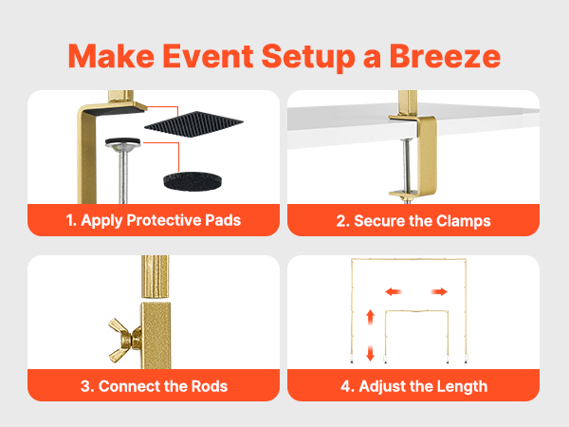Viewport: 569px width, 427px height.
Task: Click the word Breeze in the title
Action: [x=445, y=56]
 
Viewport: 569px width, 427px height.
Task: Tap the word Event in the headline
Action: [x=208, y=56]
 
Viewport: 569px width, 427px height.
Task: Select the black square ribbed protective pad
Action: [x=193, y=124]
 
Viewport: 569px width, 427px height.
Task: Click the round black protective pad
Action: [x=193, y=181]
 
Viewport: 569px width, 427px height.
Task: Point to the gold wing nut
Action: [x=124, y=340]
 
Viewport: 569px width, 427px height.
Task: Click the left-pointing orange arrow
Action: [x=394, y=291]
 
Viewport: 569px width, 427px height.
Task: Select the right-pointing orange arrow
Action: [x=439, y=291]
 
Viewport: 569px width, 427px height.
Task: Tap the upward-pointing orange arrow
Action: [x=370, y=317]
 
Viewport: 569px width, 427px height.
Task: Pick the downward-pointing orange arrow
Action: [x=370, y=353]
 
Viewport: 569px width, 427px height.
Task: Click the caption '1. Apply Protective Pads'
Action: [x=154, y=220]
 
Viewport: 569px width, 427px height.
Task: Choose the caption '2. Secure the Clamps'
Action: [x=413, y=221]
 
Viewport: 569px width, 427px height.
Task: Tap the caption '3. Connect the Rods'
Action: [x=154, y=386]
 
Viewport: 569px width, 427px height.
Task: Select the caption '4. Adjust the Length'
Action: [x=413, y=386]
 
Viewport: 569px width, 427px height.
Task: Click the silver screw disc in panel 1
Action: [x=123, y=144]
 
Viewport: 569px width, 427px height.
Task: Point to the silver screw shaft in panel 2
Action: [x=408, y=165]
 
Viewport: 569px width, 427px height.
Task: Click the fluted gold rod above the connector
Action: [x=155, y=277]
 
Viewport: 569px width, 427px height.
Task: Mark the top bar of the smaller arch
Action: [x=416, y=311]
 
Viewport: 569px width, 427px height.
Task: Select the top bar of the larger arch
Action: [x=409, y=259]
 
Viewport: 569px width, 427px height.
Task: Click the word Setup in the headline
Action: [x=307, y=57]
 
